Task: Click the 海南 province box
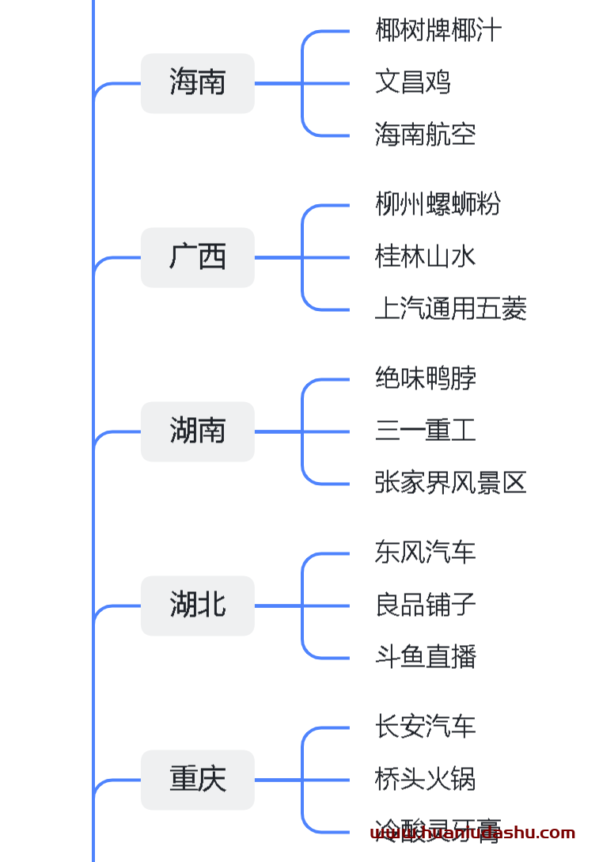click(x=197, y=83)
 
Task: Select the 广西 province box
click(x=197, y=257)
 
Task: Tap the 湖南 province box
click(x=197, y=431)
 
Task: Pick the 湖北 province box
click(x=197, y=606)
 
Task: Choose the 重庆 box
click(x=197, y=780)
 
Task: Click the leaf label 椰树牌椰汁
click(x=438, y=31)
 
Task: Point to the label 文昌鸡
click(x=412, y=82)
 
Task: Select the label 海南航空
click(x=425, y=135)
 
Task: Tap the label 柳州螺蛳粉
click(x=438, y=204)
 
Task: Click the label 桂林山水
click(x=425, y=256)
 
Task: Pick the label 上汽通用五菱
click(x=450, y=309)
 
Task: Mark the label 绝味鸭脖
click(x=425, y=378)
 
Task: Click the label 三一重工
click(x=425, y=431)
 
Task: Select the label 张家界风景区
click(x=450, y=483)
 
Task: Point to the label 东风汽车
click(x=425, y=553)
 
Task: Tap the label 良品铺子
click(x=425, y=605)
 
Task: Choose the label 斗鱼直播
click(x=425, y=657)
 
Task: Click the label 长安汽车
click(x=425, y=727)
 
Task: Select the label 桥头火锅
click(x=425, y=779)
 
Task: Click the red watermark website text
click(x=472, y=834)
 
